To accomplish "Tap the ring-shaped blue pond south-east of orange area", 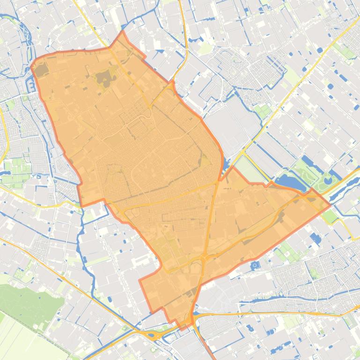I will [x=255, y=266].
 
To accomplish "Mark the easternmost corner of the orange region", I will [x=330, y=204].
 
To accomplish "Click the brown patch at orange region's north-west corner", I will [x=42, y=70].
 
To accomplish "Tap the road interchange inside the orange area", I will [x=205, y=257].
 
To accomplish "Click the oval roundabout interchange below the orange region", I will [x=153, y=334].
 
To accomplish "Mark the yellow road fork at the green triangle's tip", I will [x=243, y=153].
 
